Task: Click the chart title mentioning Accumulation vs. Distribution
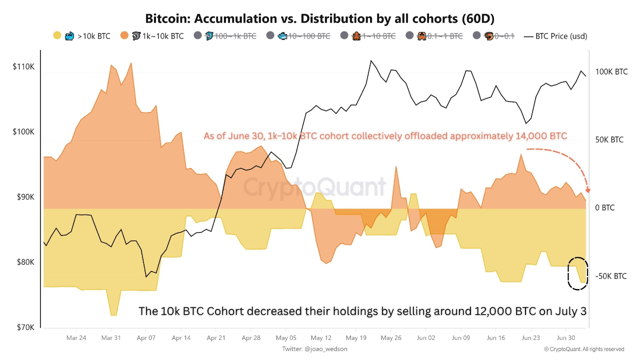319,18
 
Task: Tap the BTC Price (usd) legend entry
555,36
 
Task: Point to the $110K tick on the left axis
23,66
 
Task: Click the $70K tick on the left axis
23,327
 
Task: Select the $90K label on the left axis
23,197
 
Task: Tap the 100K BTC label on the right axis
611,72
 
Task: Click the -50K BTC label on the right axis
610,276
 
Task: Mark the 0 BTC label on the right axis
605,207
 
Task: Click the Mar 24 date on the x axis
76,337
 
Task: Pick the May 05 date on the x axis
285,337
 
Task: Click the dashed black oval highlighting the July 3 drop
577,273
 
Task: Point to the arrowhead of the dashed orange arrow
588,190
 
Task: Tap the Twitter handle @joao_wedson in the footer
314,349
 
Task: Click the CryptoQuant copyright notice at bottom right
583,349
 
